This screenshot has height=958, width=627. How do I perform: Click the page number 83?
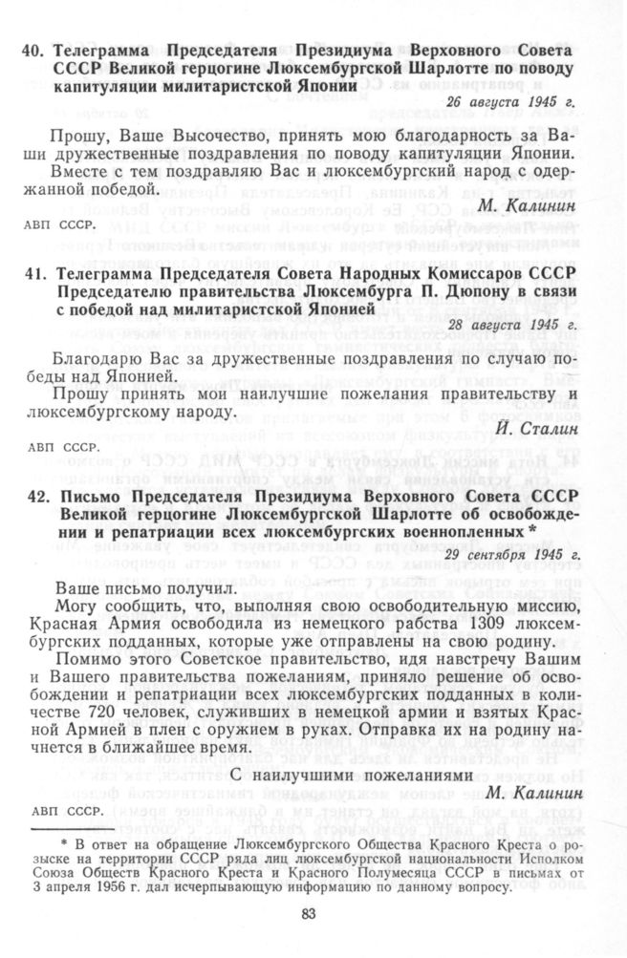308,915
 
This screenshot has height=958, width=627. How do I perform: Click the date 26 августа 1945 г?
513,102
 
